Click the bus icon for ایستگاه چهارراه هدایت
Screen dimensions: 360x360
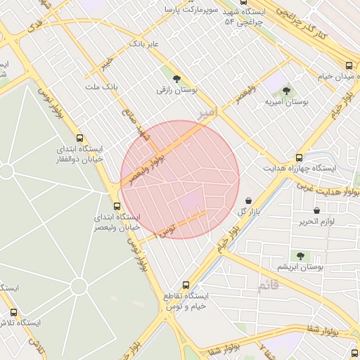[x=300, y=157]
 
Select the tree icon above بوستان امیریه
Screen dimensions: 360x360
[x=286, y=90]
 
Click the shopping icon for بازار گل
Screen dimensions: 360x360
[x=248, y=201]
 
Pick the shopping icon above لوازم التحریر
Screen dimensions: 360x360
[x=316, y=210]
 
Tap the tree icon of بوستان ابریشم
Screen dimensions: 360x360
[x=300, y=256]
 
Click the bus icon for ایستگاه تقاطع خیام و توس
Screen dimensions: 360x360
[x=186, y=285]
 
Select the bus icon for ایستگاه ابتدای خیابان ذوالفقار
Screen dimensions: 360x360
[x=79, y=139]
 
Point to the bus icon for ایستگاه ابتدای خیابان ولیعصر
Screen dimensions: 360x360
[x=117, y=206]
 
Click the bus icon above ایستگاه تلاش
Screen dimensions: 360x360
[x=13, y=312]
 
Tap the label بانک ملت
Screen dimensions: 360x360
[x=99, y=86]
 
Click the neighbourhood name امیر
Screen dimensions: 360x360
[x=205, y=112]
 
